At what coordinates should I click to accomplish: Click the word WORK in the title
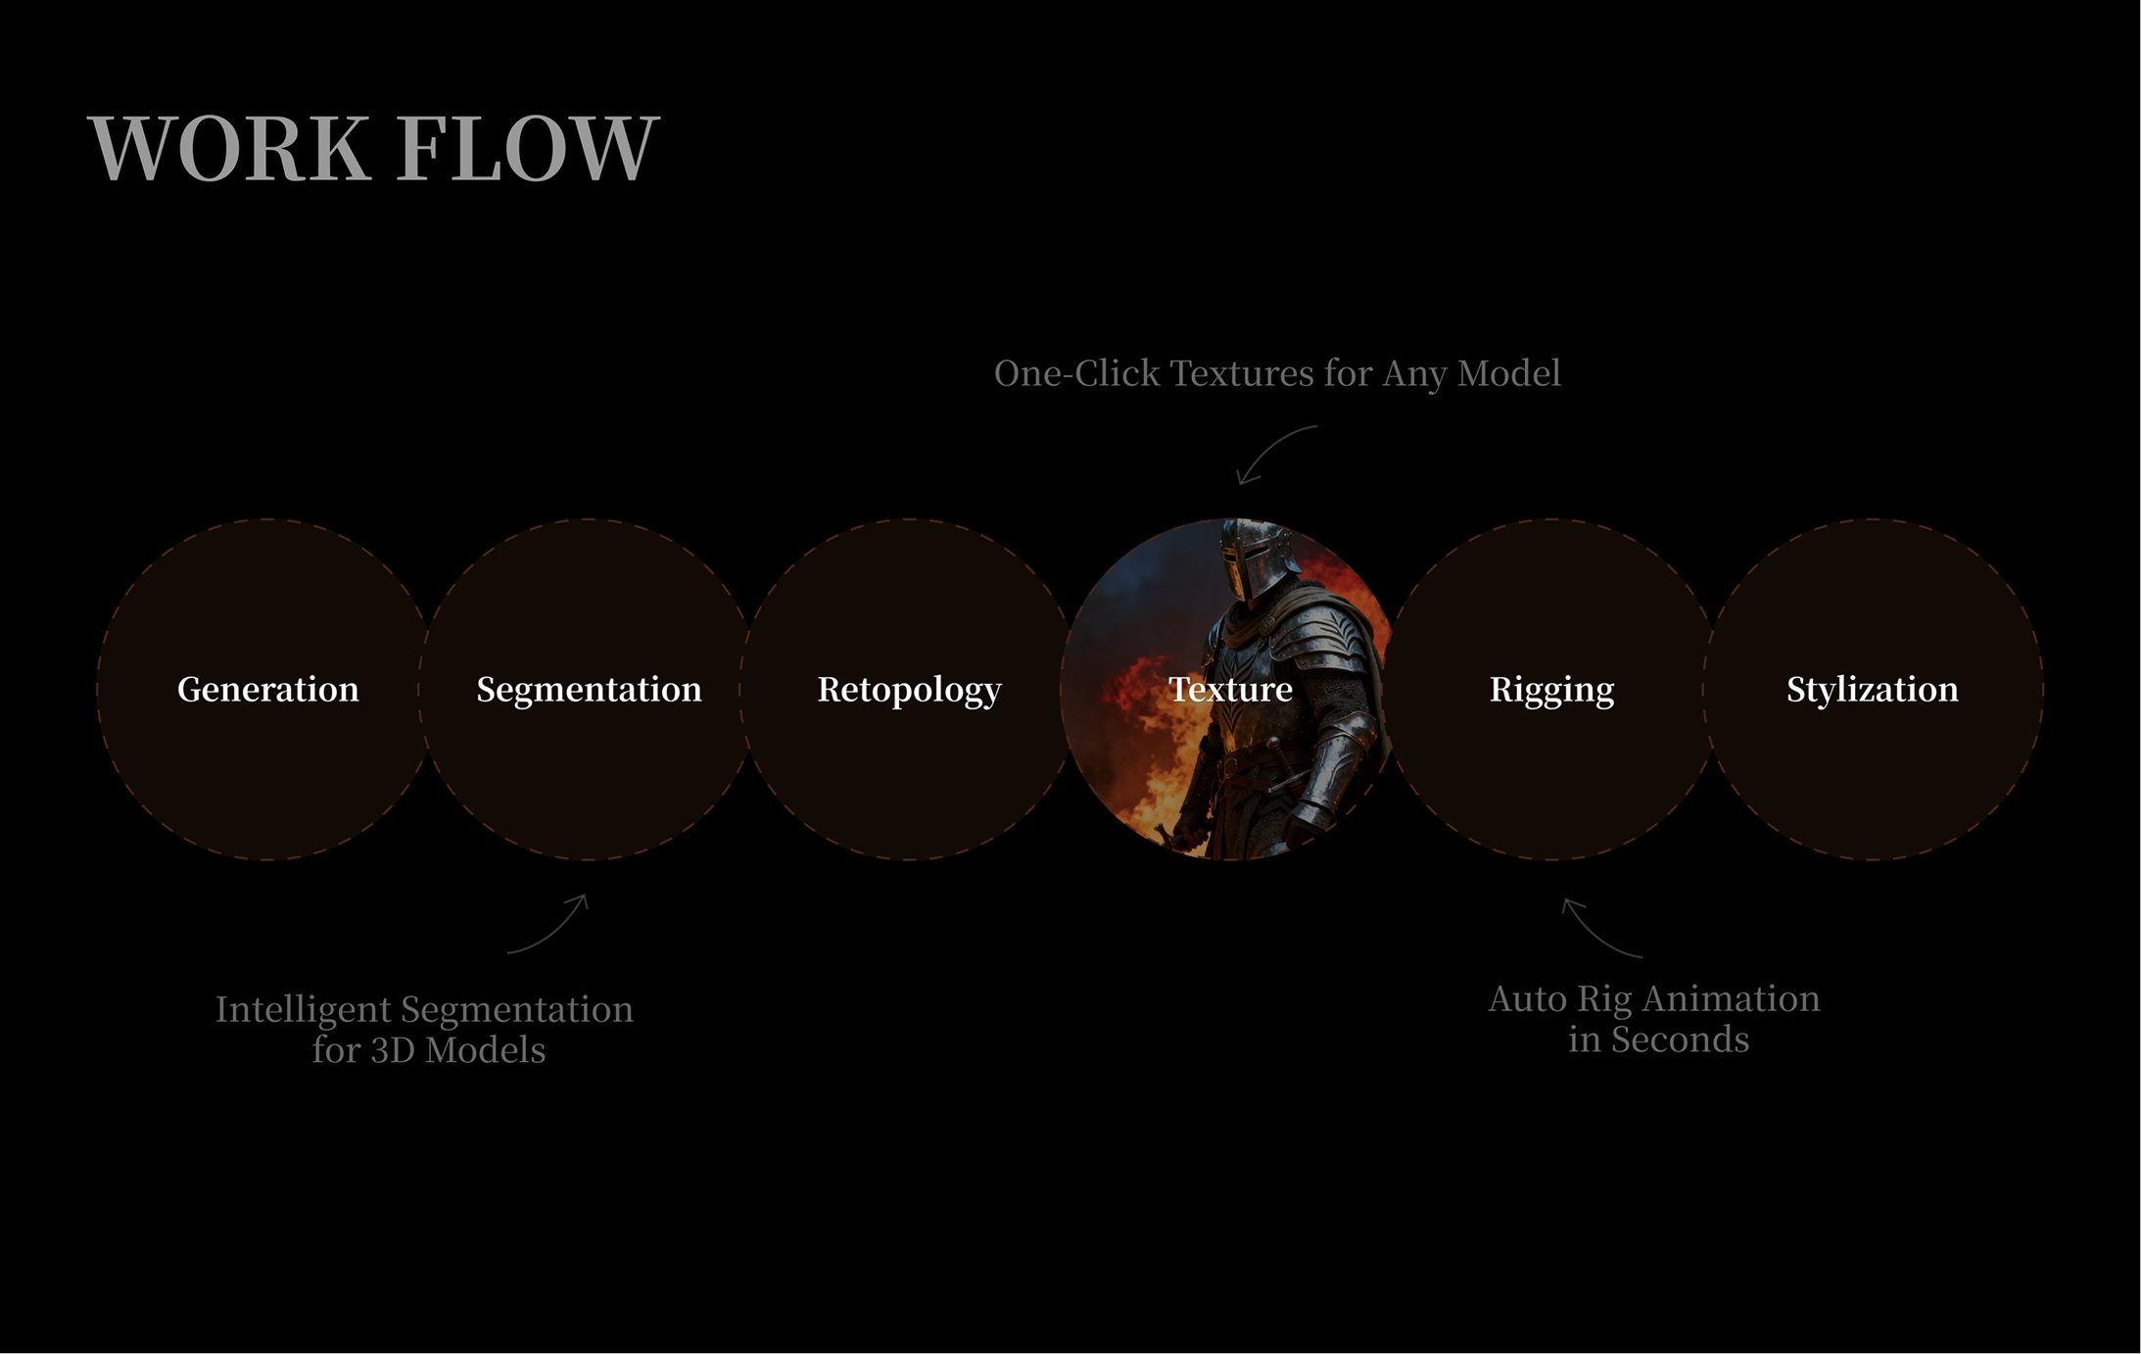tap(229, 148)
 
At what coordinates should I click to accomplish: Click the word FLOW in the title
tap(529, 148)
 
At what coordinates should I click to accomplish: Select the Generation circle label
tap(268, 690)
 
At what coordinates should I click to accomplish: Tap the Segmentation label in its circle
tap(590, 691)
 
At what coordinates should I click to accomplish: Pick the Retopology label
tap(910, 691)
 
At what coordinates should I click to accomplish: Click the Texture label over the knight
tap(1231, 690)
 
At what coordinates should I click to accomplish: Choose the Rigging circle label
tap(1552, 691)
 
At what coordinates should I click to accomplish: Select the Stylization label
tap(1873, 691)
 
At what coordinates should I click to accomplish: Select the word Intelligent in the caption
tap(304, 1010)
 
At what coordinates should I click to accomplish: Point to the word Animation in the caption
tap(1732, 999)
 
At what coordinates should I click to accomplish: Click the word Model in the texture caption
tap(1509, 373)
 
